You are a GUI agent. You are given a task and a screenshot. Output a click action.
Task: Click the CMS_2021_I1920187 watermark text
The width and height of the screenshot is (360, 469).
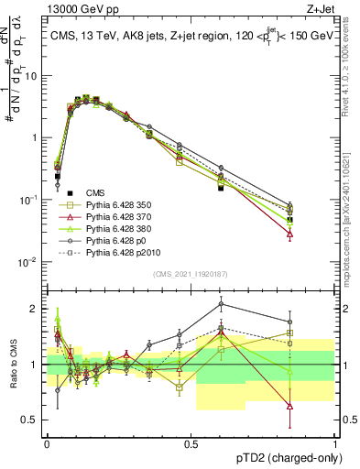191,274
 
